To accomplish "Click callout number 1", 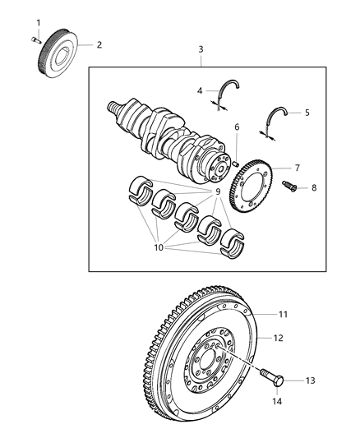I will pyautogui.click(x=36, y=21).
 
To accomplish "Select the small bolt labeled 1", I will pyautogui.click(x=35, y=38).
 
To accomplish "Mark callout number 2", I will pyautogui.click(x=99, y=44).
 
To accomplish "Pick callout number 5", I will pyautogui.click(x=307, y=113).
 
